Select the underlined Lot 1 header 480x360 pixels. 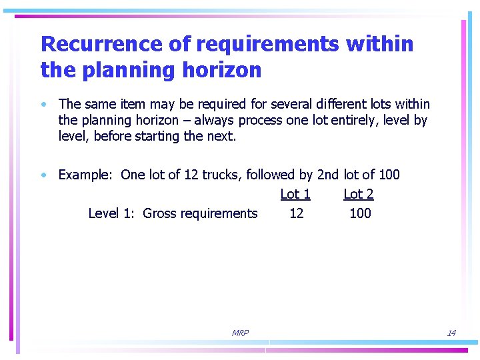tap(295, 194)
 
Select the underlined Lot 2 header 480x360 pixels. tap(358, 194)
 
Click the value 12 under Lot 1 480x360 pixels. tap(296, 213)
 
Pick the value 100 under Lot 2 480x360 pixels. tap(360, 213)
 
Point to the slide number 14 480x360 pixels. tap(451, 333)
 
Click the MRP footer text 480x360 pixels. tap(240, 333)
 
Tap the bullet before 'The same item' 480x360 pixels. tap(43, 105)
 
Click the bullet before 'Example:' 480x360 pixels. tap(43, 175)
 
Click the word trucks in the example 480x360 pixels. tap(222, 175)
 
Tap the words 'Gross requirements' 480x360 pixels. tap(200, 213)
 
